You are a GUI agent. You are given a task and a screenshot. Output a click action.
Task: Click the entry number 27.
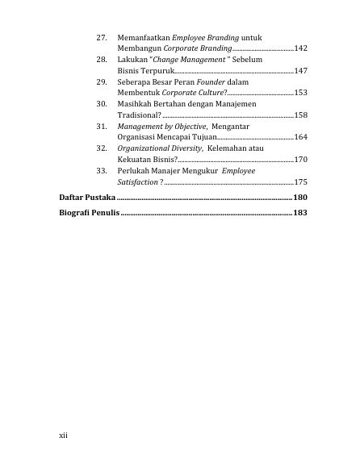coord(102,39)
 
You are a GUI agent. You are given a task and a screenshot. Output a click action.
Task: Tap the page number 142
coord(300,50)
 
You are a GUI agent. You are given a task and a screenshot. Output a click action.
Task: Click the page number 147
coord(300,71)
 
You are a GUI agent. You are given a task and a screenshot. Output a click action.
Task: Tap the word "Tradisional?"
coord(139,115)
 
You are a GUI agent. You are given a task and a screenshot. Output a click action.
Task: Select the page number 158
coord(300,115)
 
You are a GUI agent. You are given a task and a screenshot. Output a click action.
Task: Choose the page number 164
coord(300,137)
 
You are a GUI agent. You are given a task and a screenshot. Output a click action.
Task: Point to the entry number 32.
coord(102,148)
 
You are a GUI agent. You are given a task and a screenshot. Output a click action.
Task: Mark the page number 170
coord(300,160)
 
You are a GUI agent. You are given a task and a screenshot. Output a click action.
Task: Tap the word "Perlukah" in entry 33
coord(136,171)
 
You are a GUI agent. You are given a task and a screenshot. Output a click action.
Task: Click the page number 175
coord(300,181)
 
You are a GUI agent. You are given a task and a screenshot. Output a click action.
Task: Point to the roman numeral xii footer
coord(65,435)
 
